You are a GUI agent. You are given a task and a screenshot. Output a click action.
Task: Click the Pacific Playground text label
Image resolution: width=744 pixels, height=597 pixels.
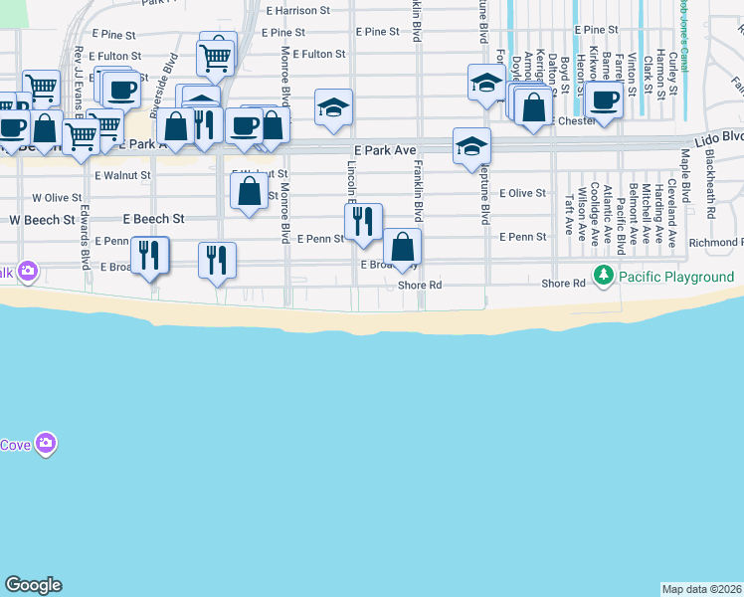click(676, 277)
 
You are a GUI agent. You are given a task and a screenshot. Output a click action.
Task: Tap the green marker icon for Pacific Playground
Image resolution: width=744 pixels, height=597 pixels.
click(602, 275)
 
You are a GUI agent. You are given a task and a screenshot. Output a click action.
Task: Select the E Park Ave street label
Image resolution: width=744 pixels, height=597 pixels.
click(383, 150)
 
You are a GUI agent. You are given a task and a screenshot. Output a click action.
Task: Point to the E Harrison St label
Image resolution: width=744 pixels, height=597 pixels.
click(297, 11)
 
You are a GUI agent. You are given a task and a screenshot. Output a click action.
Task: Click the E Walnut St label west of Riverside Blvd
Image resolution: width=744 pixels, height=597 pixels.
click(122, 175)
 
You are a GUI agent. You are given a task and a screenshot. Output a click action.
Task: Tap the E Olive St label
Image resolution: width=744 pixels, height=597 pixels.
click(523, 193)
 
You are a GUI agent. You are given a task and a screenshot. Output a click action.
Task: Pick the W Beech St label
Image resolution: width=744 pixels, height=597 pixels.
click(42, 219)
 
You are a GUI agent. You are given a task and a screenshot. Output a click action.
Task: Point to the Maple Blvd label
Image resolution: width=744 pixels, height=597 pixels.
click(686, 173)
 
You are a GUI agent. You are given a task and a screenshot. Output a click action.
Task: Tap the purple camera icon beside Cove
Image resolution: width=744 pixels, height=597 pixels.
click(45, 443)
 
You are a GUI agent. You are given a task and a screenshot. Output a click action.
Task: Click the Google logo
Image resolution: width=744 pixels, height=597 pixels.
click(33, 585)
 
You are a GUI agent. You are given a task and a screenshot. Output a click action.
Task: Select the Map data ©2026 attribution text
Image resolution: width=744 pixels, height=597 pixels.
click(701, 589)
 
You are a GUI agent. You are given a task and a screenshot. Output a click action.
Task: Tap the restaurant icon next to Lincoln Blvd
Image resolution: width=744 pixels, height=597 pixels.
click(363, 220)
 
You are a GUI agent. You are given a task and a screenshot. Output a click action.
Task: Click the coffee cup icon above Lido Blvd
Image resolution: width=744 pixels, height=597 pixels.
click(605, 99)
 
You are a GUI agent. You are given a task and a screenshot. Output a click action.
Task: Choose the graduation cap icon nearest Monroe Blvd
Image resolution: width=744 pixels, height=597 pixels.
click(333, 107)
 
